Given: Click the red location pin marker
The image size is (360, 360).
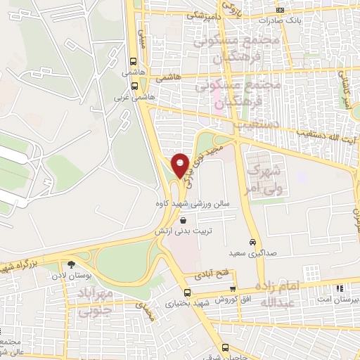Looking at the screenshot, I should point(180,166).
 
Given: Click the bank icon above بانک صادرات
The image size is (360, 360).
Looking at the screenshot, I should point(280,10).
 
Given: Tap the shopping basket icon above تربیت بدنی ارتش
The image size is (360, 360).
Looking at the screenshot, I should point(184,220).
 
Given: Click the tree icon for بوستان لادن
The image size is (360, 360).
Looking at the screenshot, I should point(72,265).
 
